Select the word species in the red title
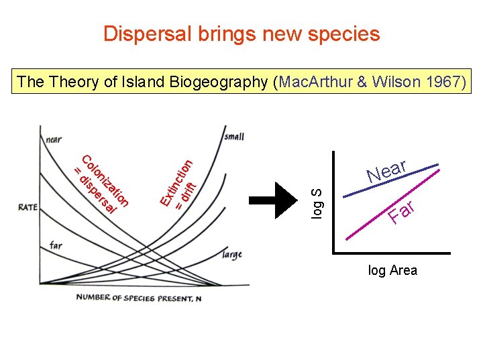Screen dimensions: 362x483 point(341,34)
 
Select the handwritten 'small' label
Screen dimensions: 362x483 point(233,137)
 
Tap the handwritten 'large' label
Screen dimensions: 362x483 point(231,255)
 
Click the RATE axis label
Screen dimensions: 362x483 point(28,208)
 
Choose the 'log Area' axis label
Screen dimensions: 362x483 point(392,270)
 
